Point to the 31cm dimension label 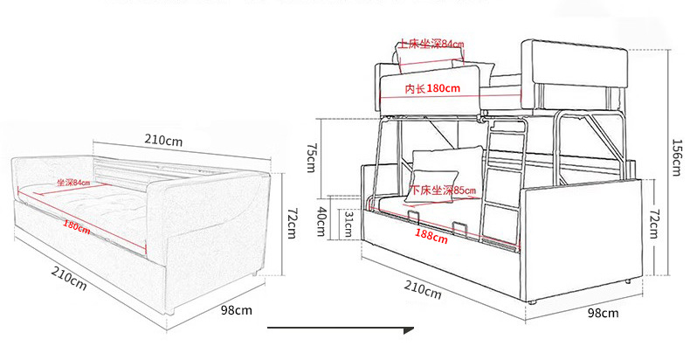347,225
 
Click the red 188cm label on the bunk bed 426,233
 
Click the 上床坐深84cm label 431,43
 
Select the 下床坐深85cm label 443,190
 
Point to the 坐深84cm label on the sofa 73,183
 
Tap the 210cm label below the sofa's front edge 67,280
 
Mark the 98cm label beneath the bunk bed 601,312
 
